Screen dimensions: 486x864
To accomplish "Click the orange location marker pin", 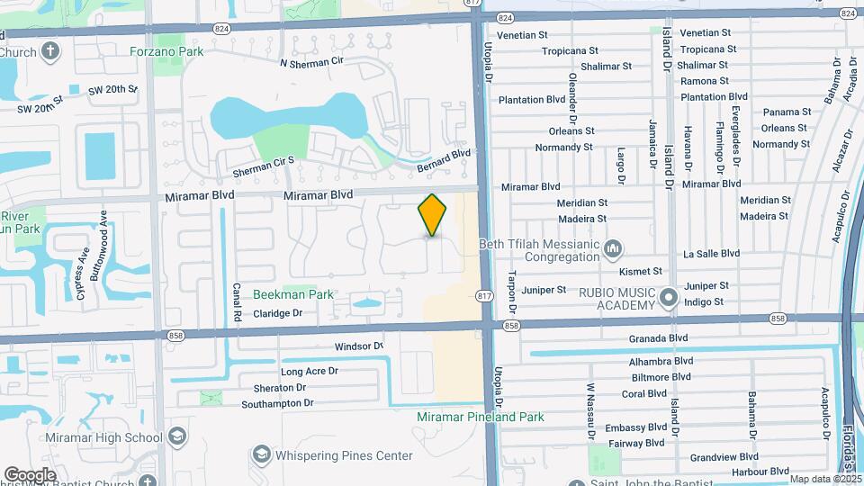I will click(x=433, y=215).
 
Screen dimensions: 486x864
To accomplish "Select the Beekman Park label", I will click(x=293, y=294).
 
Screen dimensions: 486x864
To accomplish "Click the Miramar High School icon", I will click(x=177, y=437).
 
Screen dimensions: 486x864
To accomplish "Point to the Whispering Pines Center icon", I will click(x=262, y=455).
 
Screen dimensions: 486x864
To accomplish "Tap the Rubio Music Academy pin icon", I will click(x=668, y=297).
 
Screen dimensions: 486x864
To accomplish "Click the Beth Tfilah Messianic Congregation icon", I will click(x=613, y=247).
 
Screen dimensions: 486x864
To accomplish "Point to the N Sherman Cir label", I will click(x=313, y=63).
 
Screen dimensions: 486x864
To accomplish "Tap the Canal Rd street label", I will click(x=237, y=303).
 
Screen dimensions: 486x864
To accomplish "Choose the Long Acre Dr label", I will click(x=309, y=371).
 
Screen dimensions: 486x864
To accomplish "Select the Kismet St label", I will click(x=641, y=271).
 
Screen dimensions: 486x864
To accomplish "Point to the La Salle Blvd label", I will click(x=711, y=254).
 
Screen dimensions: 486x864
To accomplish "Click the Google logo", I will click(x=30, y=474).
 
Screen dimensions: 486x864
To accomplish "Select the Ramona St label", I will click(x=705, y=81).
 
